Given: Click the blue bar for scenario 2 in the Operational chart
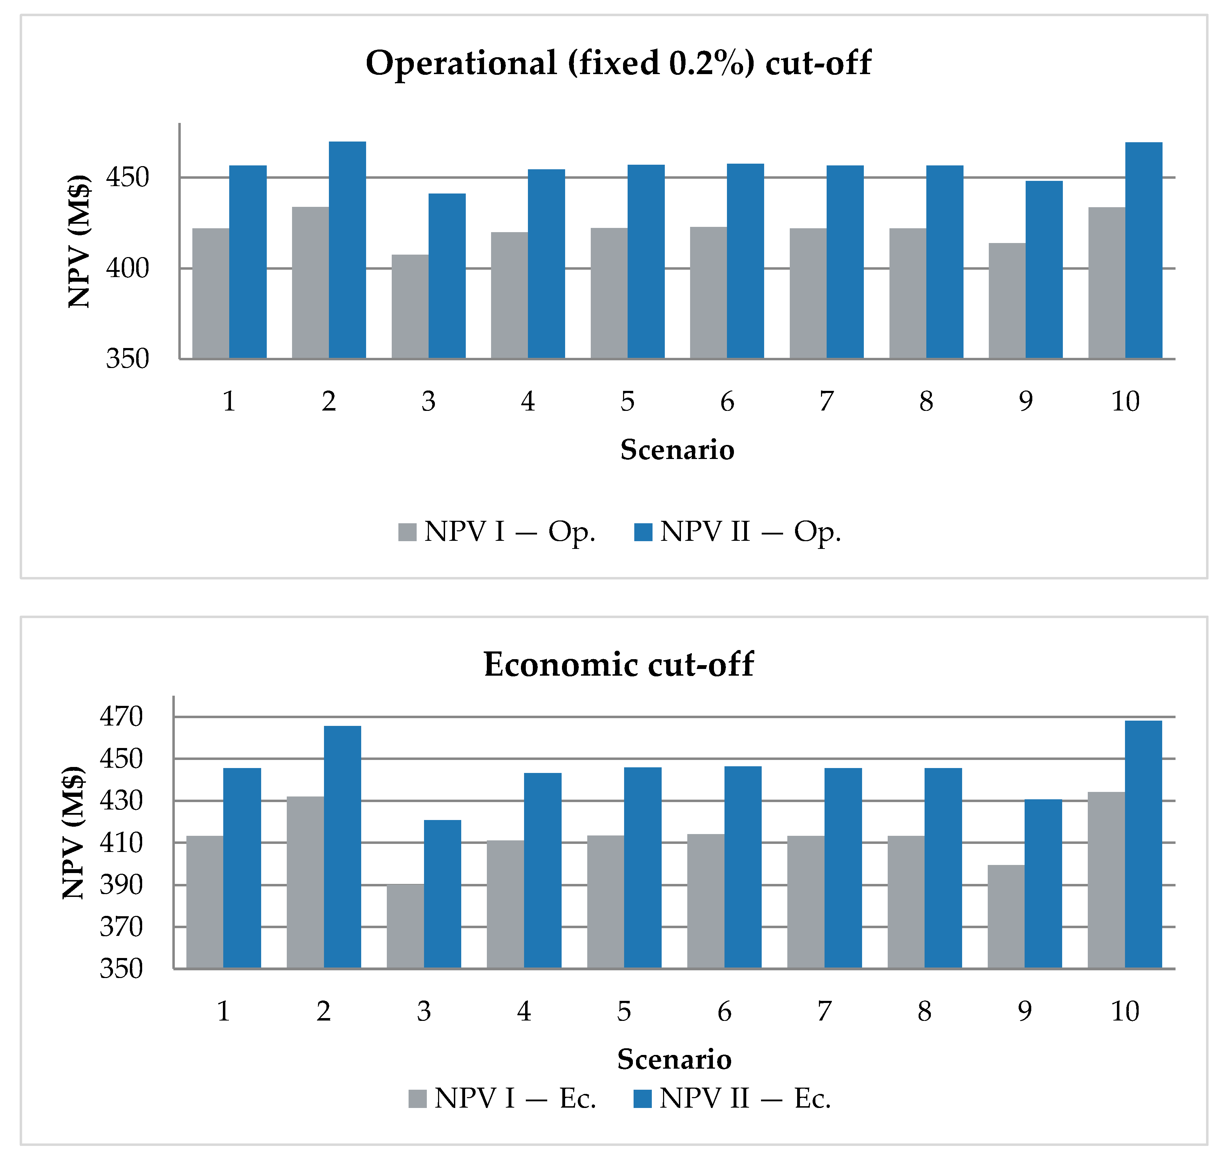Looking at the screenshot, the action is coord(347,250).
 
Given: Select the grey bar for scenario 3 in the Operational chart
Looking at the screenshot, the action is coord(410,306).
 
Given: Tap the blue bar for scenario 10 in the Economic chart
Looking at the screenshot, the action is coord(1143,844).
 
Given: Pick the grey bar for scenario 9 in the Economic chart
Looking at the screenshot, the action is coord(1006,917).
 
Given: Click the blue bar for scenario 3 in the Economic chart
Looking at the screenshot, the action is coord(442,894).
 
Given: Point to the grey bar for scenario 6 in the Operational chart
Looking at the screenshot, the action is coord(708,293).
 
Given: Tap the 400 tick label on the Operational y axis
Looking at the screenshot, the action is coord(127,269).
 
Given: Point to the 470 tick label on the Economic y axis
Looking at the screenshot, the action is coord(121,717).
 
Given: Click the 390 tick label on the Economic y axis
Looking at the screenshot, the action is coord(121,885).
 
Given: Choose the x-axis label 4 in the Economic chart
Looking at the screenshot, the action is coord(524,1011).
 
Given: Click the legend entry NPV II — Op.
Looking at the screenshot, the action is coord(737,532).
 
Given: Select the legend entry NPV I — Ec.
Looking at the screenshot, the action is coord(502,1098).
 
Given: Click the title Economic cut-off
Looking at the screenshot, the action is coord(618,665).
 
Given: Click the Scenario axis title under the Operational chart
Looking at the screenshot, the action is coord(677,449).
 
